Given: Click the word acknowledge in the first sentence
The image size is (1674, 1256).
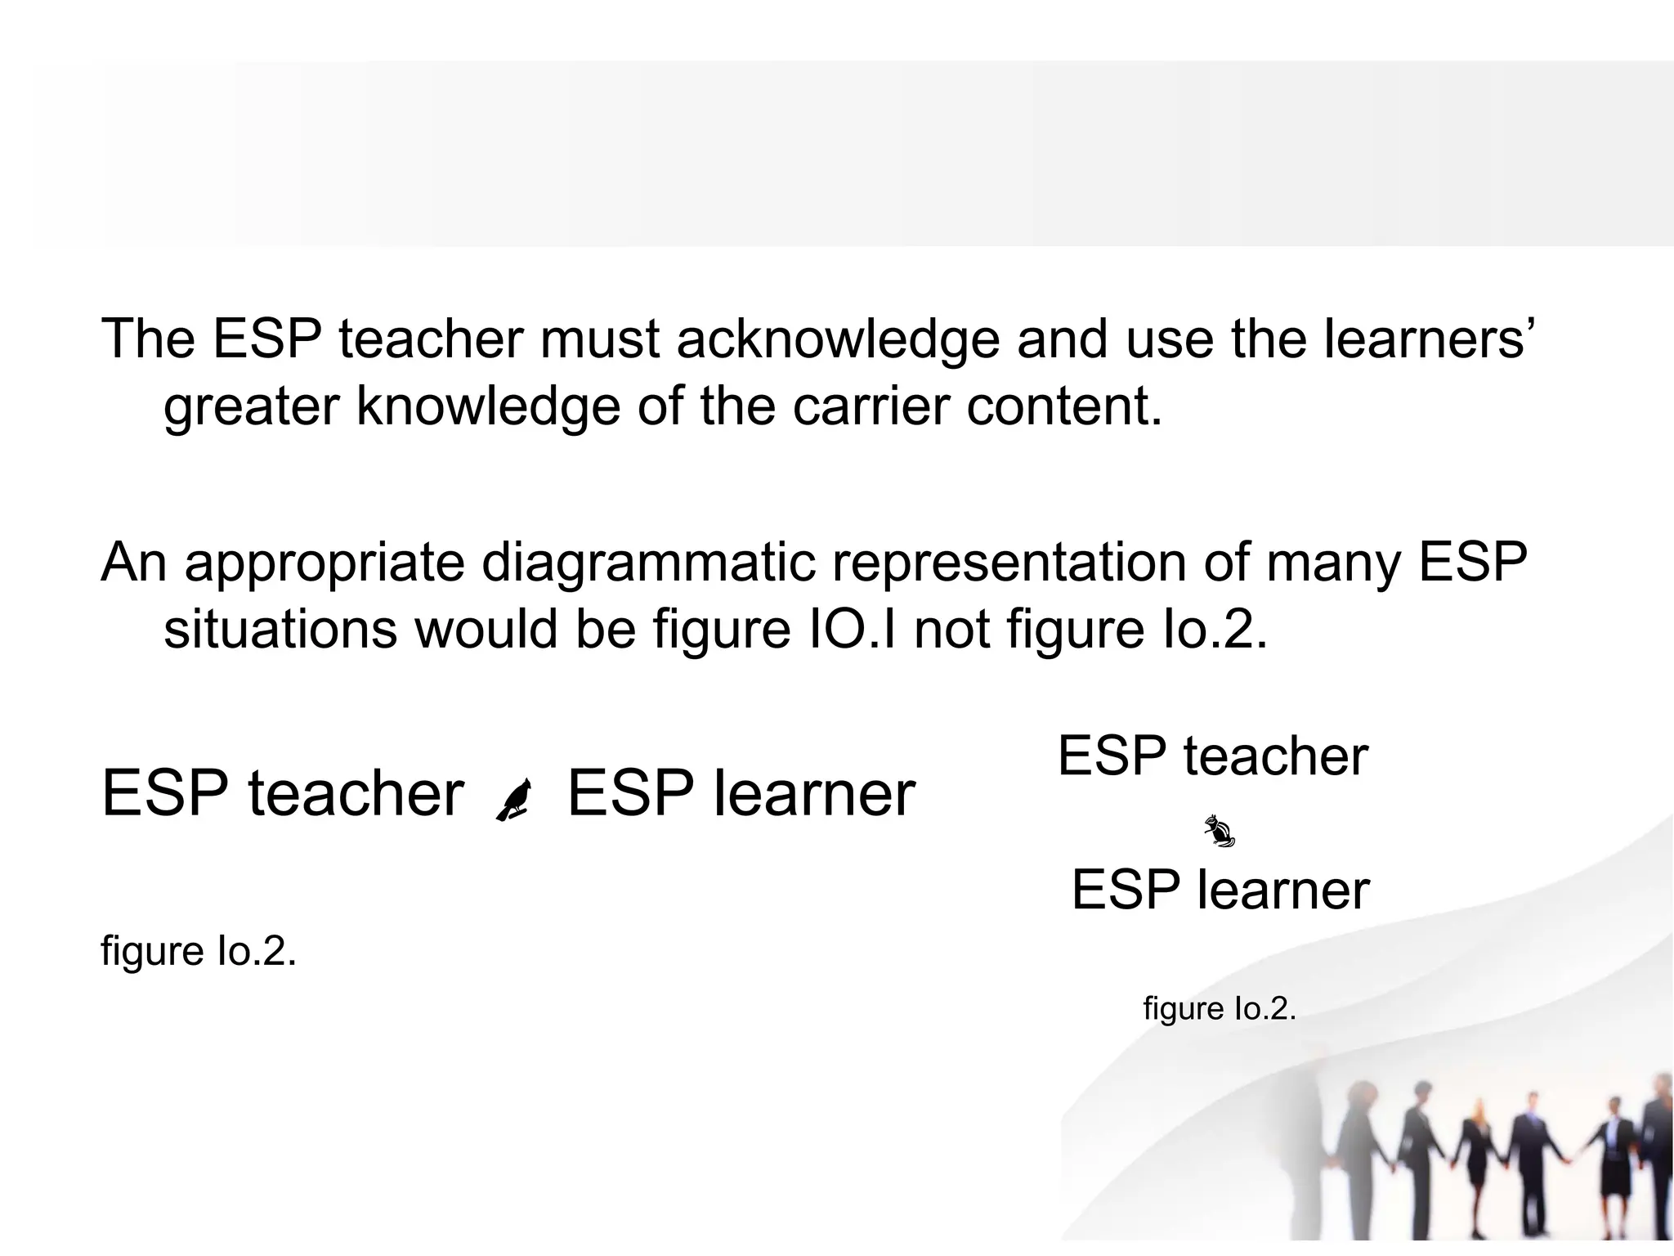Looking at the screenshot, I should [x=838, y=339].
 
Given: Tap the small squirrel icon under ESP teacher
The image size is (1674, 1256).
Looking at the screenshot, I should [x=1219, y=832].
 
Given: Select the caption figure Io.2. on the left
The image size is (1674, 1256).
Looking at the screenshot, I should [x=198, y=951].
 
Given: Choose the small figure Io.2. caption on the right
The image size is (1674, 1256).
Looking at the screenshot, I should [x=1220, y=1008].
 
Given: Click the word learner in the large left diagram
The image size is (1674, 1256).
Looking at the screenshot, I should [x=814, y=794].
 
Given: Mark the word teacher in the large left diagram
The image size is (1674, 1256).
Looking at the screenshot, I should [x=356, y=794].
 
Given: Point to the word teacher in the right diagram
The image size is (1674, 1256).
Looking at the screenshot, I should [x=1275, y=756].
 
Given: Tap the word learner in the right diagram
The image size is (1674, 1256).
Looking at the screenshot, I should [x=1282, y=890].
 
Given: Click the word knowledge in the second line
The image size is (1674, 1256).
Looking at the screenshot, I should [x=488, y=406].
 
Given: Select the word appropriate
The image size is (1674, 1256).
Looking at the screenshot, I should [x=325, y=564].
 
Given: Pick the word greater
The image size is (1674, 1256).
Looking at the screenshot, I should [x=251, y=408].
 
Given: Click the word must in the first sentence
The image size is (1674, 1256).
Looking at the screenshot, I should [x=599, y=339].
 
